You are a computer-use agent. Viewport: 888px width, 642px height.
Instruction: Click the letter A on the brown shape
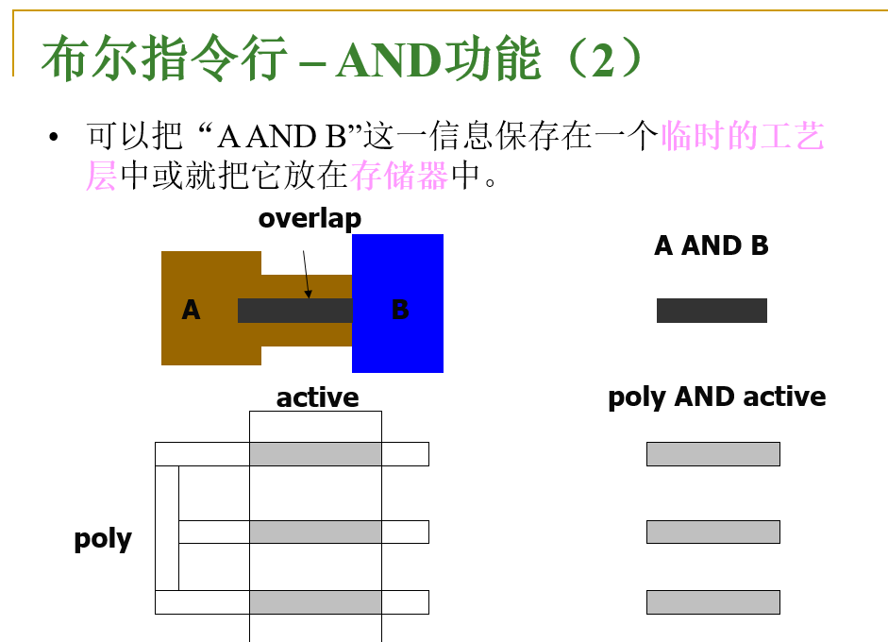191,310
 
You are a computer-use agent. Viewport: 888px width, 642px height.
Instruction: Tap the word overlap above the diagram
310,218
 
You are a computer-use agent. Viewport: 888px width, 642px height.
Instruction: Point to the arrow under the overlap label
306,274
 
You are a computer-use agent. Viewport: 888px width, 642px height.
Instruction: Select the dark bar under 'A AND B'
712,311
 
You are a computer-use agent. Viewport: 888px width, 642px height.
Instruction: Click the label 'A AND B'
712,246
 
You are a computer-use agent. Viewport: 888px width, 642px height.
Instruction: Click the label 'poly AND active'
716,397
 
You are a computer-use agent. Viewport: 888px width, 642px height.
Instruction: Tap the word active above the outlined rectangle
317,397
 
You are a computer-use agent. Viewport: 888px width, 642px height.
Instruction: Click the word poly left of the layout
103,539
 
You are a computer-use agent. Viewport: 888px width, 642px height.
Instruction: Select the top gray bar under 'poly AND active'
712,454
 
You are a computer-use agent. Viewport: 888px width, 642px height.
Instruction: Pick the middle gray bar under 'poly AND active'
712,532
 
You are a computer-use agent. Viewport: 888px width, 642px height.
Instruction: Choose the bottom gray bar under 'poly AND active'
712,601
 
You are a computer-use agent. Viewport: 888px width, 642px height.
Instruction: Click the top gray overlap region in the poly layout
315,454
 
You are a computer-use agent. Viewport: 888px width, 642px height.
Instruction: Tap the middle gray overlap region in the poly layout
315,532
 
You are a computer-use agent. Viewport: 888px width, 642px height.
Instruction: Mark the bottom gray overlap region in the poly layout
315,601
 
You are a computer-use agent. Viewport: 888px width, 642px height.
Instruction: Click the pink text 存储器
399,175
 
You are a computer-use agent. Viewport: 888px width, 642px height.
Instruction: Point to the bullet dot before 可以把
54,137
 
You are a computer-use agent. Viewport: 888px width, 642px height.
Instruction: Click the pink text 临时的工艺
743,137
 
